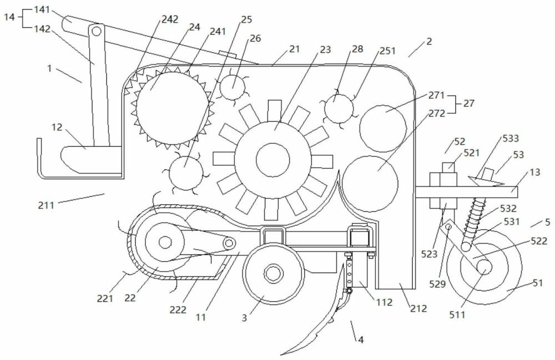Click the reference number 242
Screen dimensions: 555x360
click(x=170, y=19)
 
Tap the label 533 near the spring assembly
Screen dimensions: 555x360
click(x=511, y=138)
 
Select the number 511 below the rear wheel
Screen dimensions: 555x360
click(x=457, y=314)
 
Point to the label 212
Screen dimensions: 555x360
click(x=418, y=309)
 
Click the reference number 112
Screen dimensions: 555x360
click(x=384, y=302)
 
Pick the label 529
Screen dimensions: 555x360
click(x=437, y=283)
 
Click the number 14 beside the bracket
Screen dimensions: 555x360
click(x=9, y=17)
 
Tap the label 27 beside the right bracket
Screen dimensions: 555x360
click(x=469, y=104)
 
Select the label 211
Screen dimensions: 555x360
click(x=47, y=204)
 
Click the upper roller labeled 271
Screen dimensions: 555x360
click(x=383, y=128)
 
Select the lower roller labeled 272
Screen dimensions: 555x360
click(x=370, y=184)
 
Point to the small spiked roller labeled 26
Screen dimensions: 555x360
click(x=233, y=87)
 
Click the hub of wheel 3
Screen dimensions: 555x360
click(x=273, y=273)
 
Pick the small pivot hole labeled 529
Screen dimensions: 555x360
click(x=448, y=227)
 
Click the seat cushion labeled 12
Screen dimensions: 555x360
click(x=92, y=160)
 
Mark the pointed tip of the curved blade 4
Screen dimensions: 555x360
click(x=281, y=354)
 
